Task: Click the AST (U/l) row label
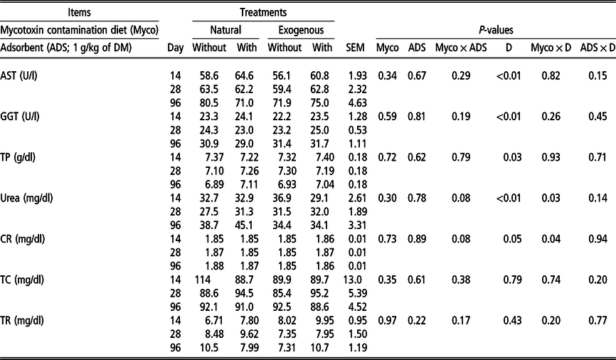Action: [x=19, y=75]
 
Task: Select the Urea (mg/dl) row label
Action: [x=26, y=198]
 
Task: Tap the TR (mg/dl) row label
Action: [x=22, y=321]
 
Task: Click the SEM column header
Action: [x=355, y=48]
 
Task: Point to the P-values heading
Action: [x=496, y=31]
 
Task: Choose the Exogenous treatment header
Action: [x=301, y=31]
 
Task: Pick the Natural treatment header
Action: [x=225, y=31]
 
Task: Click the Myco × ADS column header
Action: [x=461, y=48]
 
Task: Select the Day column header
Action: [x=175, y=48]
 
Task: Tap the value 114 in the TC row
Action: [x=203, y=280]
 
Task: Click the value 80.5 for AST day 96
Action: [x=209, y=102]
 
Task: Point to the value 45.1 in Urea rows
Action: [x=247, y=226]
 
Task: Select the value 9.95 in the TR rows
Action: [x=322, y=321]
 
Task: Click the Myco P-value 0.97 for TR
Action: [x=388, y=321]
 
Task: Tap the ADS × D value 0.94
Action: [x=598, y=239]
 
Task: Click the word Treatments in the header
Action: [x=263, y=13]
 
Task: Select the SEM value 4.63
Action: [x=358, y=102]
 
